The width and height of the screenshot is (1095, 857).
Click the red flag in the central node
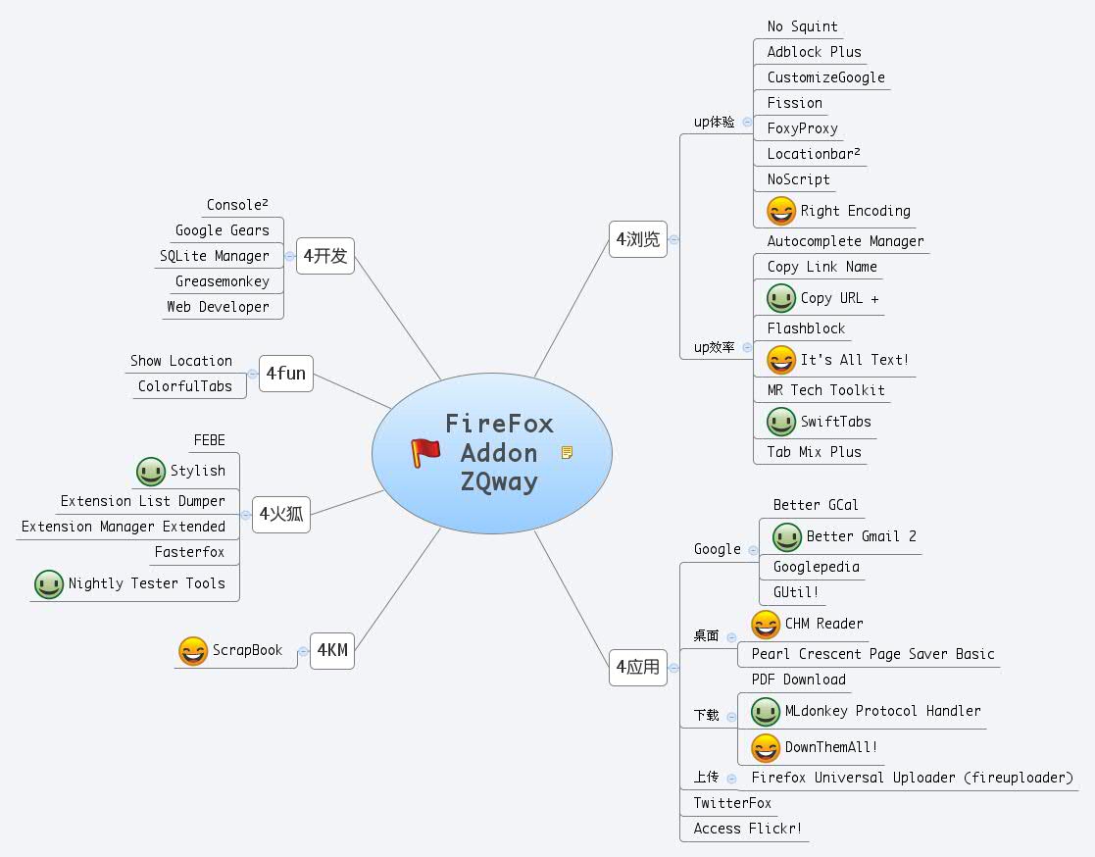point(425,452)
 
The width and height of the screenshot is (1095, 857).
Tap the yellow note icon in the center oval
point(567,452)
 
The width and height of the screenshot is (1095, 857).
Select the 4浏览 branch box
point(637,239)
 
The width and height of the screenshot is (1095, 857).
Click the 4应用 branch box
point(637,668)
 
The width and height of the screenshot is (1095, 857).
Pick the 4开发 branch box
point(325,256)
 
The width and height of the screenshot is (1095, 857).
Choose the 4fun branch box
point(285,374)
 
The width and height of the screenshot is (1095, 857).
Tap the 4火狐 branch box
point(281,514)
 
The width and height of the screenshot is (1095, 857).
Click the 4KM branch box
point(331,650)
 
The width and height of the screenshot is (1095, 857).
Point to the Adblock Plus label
point(814,52)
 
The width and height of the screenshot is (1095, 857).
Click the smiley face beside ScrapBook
point(193,651)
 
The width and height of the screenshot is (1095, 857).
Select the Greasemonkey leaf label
point(222,281)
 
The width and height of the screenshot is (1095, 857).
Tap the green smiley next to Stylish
point(151,472)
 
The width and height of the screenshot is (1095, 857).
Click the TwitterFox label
point(732,803)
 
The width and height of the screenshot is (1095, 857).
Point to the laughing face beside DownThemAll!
point(766,748)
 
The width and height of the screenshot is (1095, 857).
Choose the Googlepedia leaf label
point(816,567)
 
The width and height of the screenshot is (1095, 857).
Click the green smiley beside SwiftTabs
point(781,422)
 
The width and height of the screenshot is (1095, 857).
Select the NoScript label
point(798,179)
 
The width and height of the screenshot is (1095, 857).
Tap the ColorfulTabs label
point(185,386)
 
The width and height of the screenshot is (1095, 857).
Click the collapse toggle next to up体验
point(747,123)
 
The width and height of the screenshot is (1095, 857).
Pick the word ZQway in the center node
point(499,481)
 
